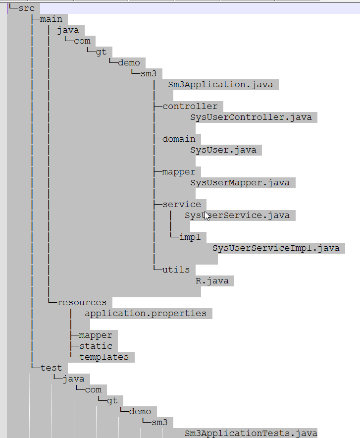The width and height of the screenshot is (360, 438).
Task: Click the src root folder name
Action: (x=26, y=8)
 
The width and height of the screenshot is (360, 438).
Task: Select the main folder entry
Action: (x=51, y=19)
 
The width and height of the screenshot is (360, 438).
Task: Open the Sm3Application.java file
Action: (x=220, y=85)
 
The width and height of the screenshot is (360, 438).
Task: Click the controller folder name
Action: (x=190, y=107)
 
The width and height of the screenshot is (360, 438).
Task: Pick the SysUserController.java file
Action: (x=251, y=117)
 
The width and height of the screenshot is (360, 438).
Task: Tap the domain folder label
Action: (x=179, y=139)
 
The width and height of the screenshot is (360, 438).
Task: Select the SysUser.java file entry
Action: (x=223, y=150)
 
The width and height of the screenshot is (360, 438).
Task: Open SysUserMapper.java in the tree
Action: (x=240, y=183)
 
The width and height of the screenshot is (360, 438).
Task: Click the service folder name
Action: (x=181, y=205)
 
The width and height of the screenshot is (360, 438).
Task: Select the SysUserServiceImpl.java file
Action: (x=276, y=248)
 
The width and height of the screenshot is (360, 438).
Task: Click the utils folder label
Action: (x=176, y=270)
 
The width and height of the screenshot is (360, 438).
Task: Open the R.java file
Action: (x=212, y=281)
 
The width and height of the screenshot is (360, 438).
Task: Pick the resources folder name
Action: (x=82, y=303)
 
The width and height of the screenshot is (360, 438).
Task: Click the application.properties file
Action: (x=146, y=314)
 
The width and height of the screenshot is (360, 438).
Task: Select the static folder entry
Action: (x=96, y=346)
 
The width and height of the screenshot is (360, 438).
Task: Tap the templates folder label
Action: (x=104, y=357)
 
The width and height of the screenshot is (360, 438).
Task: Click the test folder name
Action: (x=51, y=368)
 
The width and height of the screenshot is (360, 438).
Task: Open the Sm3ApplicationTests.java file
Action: (x=251, y=434)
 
